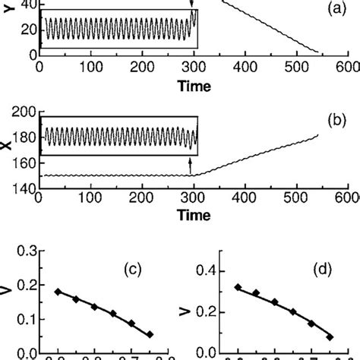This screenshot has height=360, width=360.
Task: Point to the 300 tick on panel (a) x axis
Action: (193, 66)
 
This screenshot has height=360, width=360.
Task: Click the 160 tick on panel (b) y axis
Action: (25, 162)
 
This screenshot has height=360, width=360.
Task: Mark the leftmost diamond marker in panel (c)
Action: (58, 292)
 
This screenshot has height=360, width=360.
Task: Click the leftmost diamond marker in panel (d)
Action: (238, 287)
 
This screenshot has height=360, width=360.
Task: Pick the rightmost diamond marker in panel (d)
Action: (330, 336)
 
